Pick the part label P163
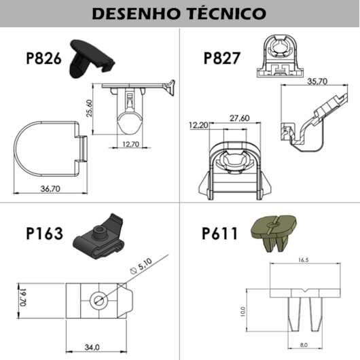point(44,234)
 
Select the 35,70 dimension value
point(318,81)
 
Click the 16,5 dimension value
point(304,259)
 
